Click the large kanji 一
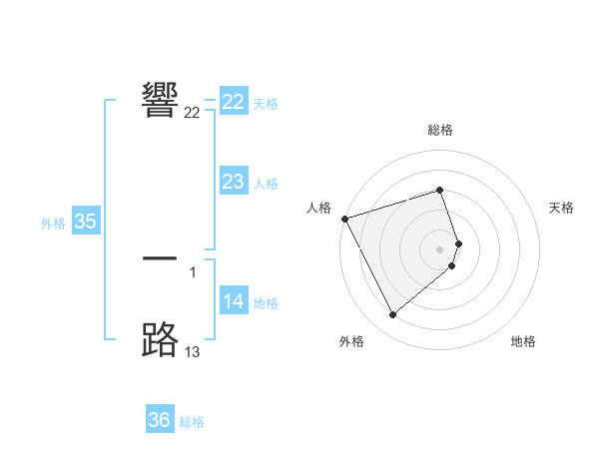click(x=160, y=258)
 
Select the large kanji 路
click(x=160, y=339)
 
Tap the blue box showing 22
click(x=234, y=102)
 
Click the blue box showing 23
click(x=234, y=182)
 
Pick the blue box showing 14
click(x=234, y=301)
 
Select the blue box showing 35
click(x=86, y=222)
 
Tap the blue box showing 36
click(x=160, y=420)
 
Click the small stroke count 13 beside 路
click(x=193, y=352)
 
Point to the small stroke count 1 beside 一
click(x=193, y=271)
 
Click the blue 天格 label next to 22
click(x=266, y=104)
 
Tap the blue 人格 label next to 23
click(x=266, y=184)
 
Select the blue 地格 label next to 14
click(x=266, y=303)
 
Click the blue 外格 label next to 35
click(x=53, y=224)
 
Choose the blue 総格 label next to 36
click(x=192, y=422)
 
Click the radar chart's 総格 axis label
click(x=440, y=130)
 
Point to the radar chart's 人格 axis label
click(x=318, y=207)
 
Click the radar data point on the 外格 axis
click(x=392, y=315)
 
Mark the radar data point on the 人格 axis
click(x=344, y=219)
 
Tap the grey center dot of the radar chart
click(x=440, y=249)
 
